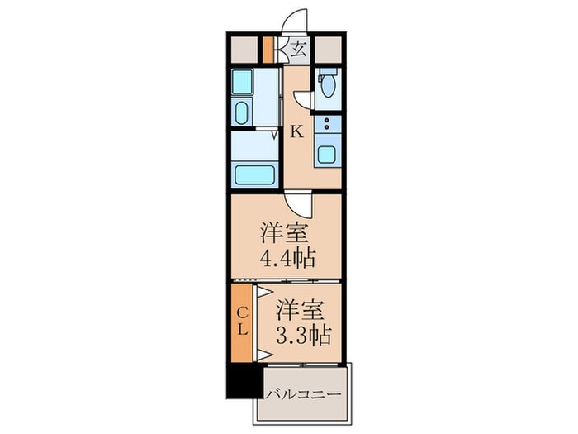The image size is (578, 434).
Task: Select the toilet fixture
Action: tap(327, 84)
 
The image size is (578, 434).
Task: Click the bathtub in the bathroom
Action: tap(255, 174)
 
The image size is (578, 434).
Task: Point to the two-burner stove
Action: tap(328, 126)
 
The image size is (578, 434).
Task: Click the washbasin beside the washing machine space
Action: tap(242, 112)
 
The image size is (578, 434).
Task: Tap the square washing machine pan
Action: tap(242, 81)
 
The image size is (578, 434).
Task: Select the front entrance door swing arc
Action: tap(296, 21)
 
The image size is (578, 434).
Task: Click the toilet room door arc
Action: tap(304, 99)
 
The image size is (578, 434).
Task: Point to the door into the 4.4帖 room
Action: tap(300, 203)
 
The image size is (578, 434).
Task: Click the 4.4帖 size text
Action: tap(288, 259)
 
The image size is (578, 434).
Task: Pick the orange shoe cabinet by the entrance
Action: tap(268, 49)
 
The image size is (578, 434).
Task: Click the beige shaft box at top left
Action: tap(244, 49)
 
